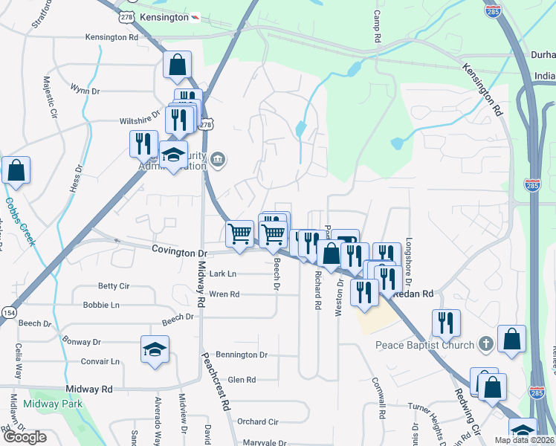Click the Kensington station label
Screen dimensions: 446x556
(164, 16)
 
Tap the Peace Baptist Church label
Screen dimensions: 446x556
(424, 345)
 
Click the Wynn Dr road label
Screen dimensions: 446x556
(85, 91)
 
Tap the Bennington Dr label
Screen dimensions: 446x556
(241, 355)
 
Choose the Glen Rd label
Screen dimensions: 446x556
(242, 380)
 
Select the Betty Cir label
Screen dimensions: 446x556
(114, 286)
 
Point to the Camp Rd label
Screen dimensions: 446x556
(377, 26)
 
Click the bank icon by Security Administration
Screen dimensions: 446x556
(218, 158)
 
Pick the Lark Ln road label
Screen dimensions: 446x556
(222, 274)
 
